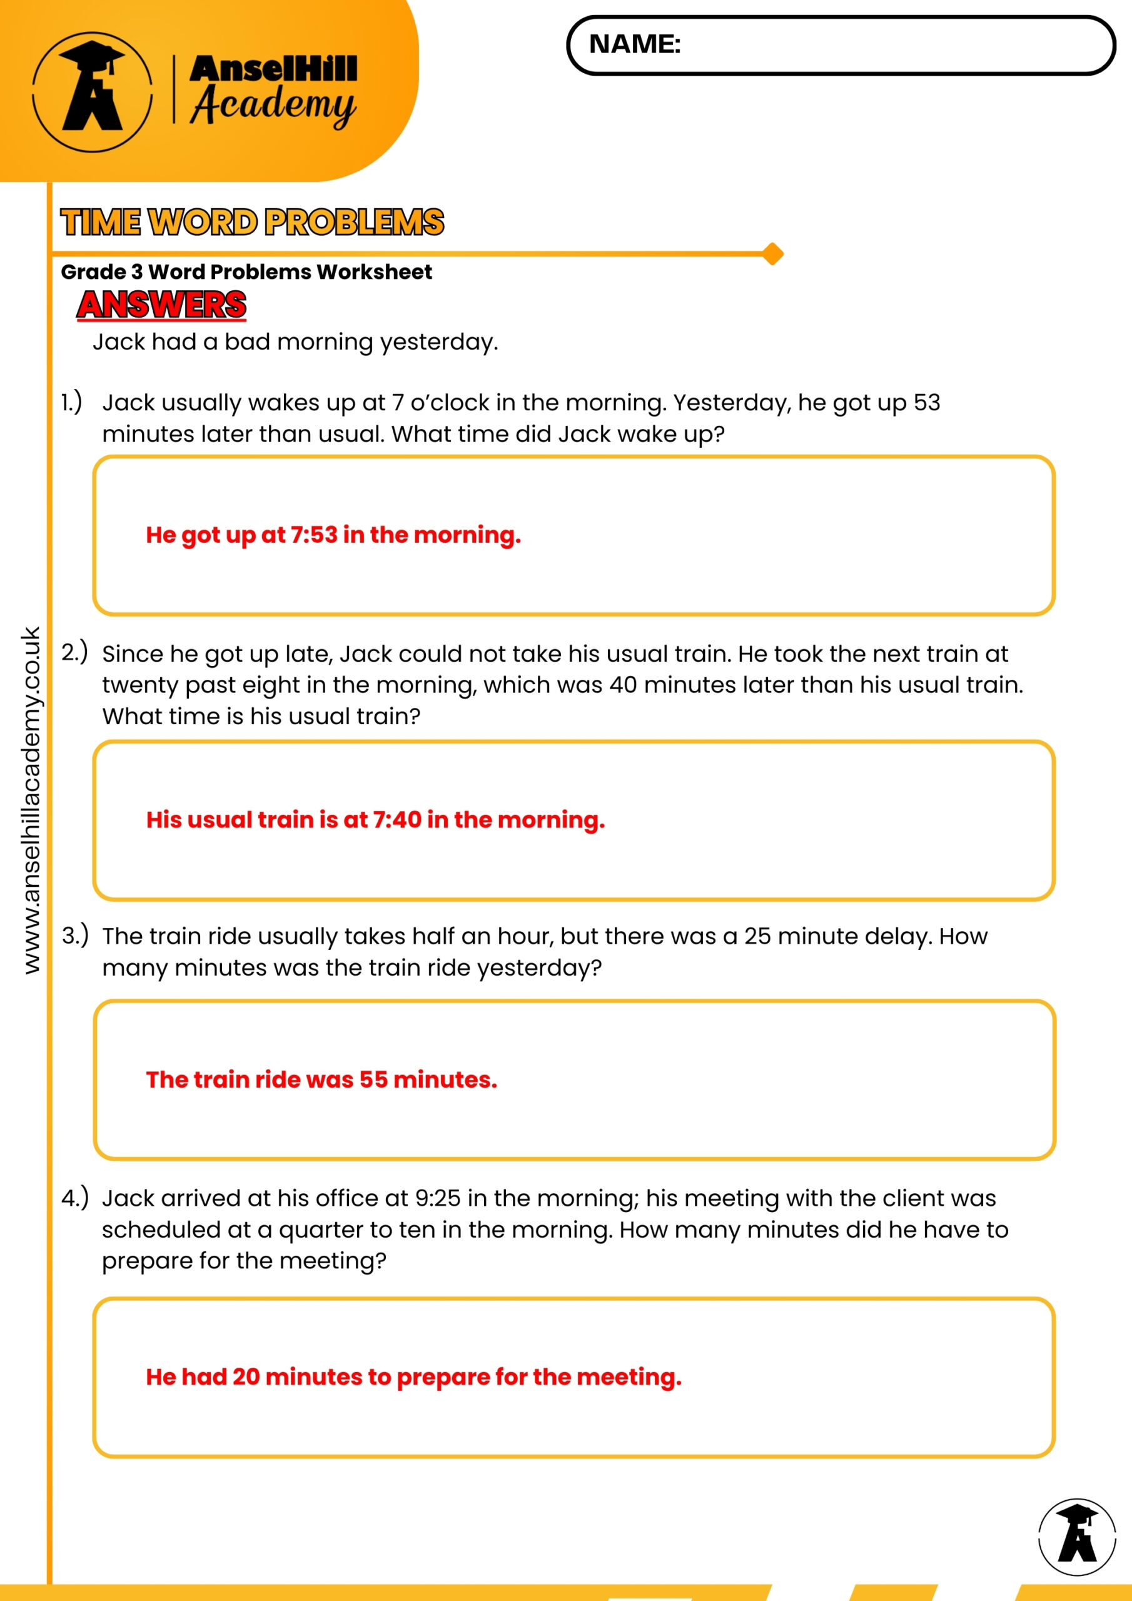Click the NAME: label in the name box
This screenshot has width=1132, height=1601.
coord(634,44)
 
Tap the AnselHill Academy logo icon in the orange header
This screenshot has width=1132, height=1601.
coord(92,91)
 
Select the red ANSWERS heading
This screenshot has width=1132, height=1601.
coord(162,305)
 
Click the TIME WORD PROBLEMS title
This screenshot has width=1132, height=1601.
coord(252,223)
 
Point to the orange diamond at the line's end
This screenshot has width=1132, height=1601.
coord(772,254)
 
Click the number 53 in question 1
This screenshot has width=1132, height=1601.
coord(926,402)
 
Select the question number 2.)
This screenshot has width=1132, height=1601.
coord(74,652)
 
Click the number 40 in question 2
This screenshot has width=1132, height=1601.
coord(623,685)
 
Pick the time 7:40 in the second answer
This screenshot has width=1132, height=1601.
coord(397,819)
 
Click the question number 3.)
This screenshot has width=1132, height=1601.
coord(74,935)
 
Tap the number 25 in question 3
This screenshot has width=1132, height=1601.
coord(757,936)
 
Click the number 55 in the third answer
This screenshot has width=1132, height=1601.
coord(373,1079)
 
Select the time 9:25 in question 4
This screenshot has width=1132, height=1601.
coord(437,1198)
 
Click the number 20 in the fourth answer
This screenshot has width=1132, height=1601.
coord(246,1376)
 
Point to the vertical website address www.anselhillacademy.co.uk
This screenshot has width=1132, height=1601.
coord(31,800)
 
